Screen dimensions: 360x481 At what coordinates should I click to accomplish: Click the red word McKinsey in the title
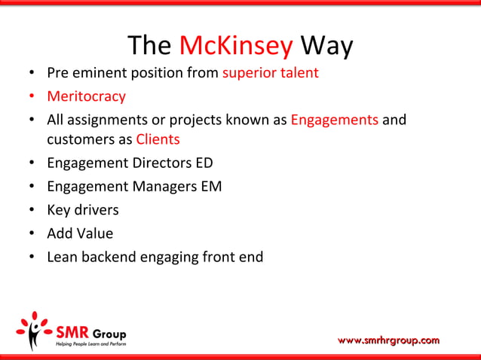click(236, 47)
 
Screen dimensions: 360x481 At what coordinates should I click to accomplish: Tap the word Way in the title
click(326, 47)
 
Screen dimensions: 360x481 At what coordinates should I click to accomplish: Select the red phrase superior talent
click(270, 73)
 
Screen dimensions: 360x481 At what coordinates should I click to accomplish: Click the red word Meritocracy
click(86, 96)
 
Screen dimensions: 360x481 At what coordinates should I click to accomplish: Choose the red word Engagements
click(334, 120)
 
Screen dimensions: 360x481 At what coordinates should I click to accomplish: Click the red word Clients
click(158, 139)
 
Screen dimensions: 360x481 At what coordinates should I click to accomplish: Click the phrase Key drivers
click(83, 209)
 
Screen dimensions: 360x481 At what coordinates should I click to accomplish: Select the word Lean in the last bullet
click(63, 257)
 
